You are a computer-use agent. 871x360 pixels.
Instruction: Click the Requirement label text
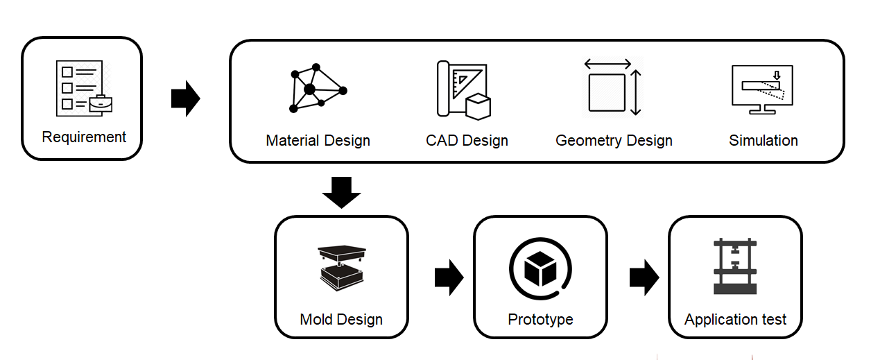84,137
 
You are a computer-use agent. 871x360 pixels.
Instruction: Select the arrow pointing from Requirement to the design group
185,99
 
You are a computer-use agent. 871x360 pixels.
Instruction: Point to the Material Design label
318,141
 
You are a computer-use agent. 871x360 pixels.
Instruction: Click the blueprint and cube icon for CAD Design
463,89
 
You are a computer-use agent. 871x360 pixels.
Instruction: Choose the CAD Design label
467,141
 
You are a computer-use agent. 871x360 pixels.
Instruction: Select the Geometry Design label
614,141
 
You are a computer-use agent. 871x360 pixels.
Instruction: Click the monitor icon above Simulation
762,89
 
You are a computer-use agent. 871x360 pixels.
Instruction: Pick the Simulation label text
763,141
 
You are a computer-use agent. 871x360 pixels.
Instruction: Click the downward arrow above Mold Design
342,192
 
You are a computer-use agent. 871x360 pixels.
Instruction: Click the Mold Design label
341,320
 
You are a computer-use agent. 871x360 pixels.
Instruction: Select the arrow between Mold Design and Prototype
449,278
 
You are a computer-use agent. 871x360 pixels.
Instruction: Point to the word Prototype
540,320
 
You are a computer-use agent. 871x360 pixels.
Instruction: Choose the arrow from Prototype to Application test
644,278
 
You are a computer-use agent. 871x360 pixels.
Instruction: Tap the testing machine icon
735,267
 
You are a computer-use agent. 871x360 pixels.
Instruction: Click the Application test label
735,320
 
